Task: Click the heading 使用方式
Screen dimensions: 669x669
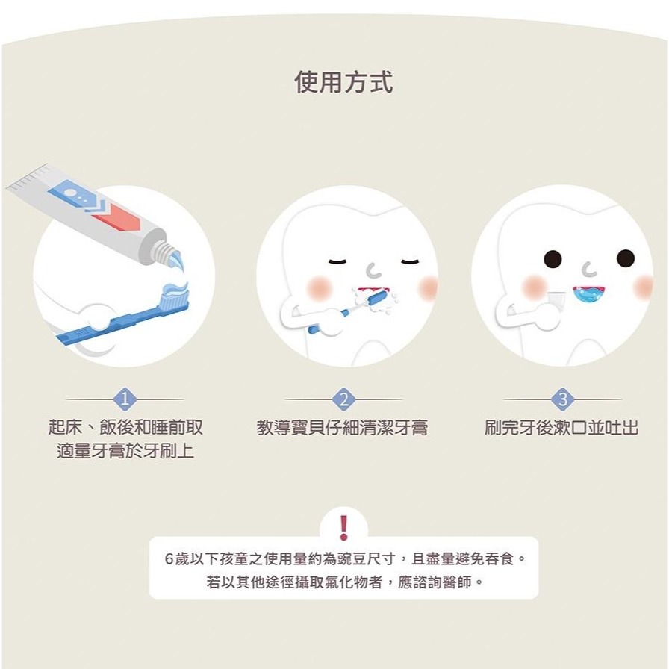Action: (x=343, y=81)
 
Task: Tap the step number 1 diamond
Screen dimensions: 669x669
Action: (x=125, y=400)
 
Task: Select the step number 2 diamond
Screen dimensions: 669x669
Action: (x=343, y=400)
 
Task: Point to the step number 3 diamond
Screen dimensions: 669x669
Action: (x=562, y=400)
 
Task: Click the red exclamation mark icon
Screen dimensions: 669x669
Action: (x=343, y=527)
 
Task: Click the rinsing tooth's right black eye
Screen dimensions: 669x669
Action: (x=625, y=258)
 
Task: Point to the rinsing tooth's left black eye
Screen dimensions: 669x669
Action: (x=553, y=259)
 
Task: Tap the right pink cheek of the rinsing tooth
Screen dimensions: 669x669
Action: (x=642, y=287)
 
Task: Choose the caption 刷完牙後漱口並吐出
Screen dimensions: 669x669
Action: (x=561, y=428)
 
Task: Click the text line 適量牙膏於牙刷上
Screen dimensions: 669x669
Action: (x=125, y=450)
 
